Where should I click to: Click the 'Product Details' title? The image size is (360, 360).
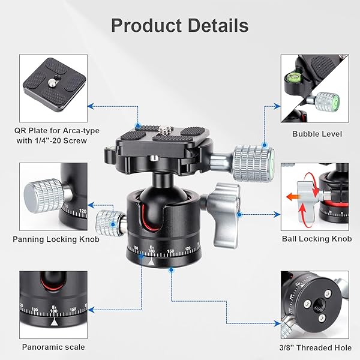click(x=180, y=26)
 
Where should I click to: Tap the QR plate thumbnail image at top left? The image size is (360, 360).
click(x=53, y=87)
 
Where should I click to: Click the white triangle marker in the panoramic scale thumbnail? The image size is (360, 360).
click(x=54, y=323)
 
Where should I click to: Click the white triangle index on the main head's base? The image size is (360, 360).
click(x=152, y=262)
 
